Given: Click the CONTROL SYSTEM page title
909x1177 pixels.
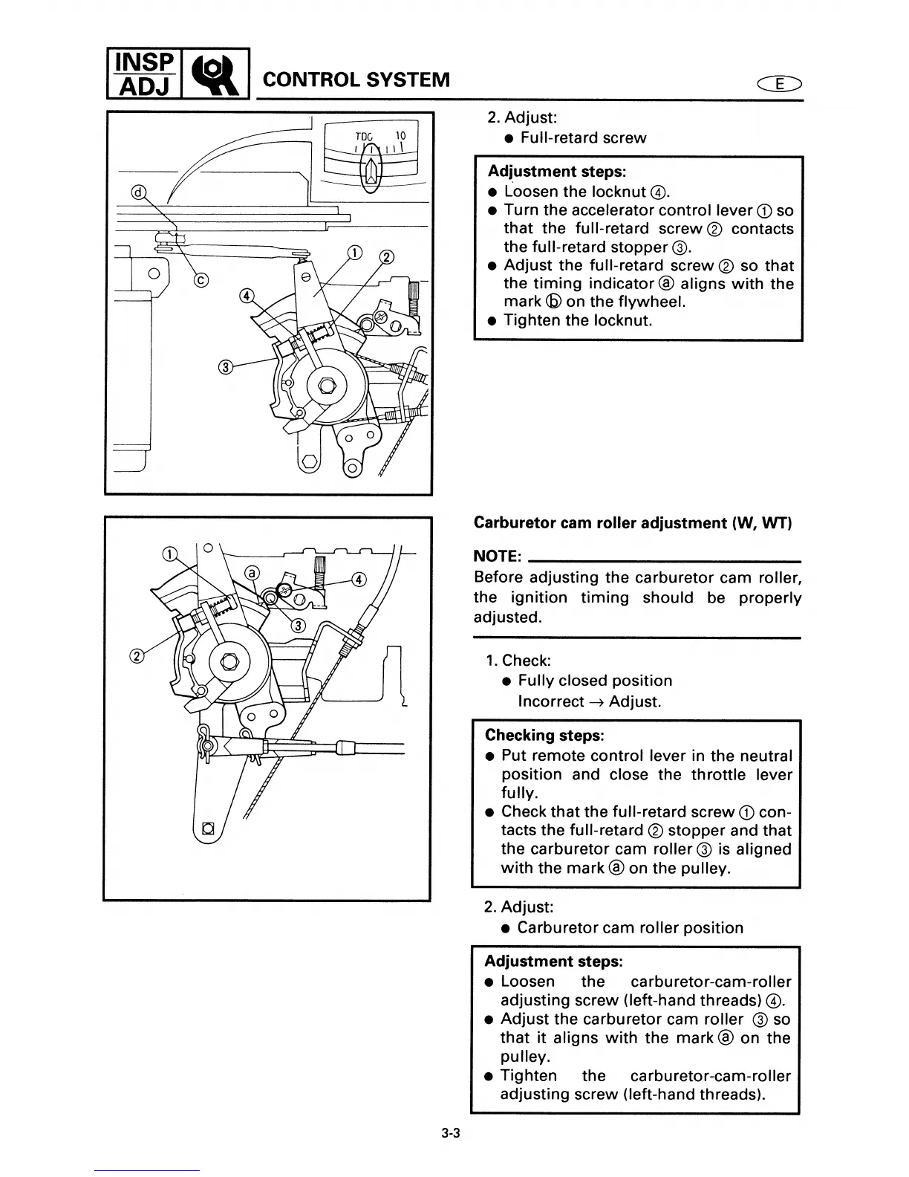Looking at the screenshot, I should tap(356, 79).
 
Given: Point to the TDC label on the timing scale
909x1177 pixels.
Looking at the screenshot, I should tap(363, 137).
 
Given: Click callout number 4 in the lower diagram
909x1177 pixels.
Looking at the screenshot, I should tap(358, 579).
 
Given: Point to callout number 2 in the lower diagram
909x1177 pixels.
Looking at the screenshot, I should tap(137, 655).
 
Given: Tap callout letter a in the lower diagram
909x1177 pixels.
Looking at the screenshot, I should tap(252, 573).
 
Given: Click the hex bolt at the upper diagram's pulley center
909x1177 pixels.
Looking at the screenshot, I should tap(325, 385).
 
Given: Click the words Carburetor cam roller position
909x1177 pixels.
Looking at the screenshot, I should tap(630, 927).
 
